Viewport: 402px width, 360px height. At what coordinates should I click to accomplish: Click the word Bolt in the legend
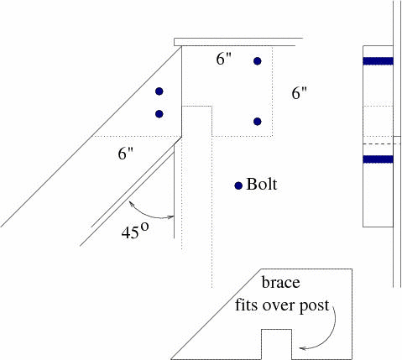point(262,185)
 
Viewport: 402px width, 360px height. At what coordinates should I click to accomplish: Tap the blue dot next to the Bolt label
point(238,185)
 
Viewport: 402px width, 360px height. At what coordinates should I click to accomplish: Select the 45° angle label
point(135,231)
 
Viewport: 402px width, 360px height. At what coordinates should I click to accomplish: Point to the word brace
point(281,283)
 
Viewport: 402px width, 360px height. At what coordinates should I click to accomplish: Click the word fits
point(245,305)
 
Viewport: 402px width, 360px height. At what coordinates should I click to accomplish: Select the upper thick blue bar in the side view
point(378,61)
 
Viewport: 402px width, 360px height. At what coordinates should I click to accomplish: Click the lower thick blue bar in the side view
point(378,159)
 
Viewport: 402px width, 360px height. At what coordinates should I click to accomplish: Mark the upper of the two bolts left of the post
point(159,91)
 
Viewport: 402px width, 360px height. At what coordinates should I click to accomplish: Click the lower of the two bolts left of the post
point(159,114)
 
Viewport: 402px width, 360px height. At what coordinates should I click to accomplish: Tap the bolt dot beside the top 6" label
point(258,61)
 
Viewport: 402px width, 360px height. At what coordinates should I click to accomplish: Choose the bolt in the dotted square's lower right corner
point(258,122)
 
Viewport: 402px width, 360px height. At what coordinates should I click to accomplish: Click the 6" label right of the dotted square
point(299,92)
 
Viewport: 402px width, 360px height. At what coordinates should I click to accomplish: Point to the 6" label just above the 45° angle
point(125,154)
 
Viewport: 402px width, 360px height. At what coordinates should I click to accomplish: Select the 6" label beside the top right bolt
point(224,59)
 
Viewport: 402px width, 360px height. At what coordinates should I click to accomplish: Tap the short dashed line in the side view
point(382,143)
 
